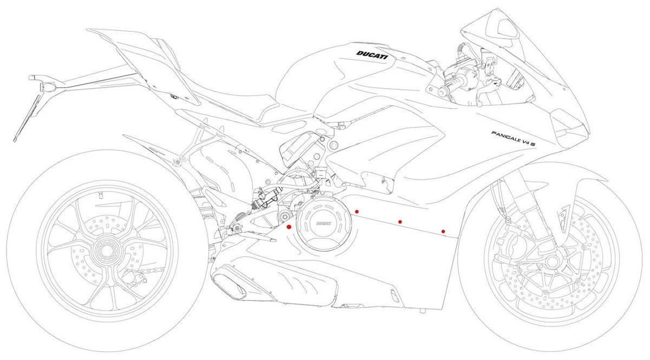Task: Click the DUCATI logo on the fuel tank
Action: click(372, 55)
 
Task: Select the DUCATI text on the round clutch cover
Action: click(323, 223)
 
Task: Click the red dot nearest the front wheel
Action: click(443, 232)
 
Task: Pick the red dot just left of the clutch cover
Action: click(289, 227)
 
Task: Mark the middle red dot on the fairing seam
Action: click(400, 221)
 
